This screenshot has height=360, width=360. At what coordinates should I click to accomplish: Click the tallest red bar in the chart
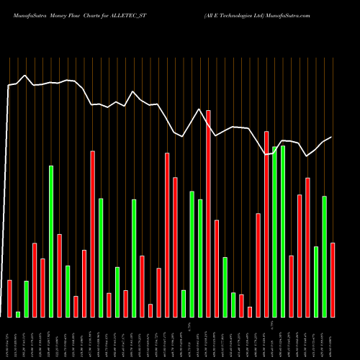(x=208, y=213)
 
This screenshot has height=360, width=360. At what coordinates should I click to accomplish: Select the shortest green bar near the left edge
(x=18, y=314)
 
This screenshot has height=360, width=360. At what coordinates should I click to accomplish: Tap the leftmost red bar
(x=9, y=298)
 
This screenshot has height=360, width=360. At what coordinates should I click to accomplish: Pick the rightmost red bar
(x=333, y=279)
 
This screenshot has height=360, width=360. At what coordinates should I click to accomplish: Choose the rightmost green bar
(x=325, y=256)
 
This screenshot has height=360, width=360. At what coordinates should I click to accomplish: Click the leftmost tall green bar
(x=51, y=241)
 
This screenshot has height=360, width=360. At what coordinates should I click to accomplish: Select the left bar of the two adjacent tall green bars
(x=275, y=231)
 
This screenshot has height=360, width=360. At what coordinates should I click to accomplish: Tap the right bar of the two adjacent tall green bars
(x=283, y=231)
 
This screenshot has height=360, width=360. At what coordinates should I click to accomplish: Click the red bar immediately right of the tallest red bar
(x=217, y=268)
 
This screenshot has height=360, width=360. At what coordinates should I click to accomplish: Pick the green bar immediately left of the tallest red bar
(x=200, y=258)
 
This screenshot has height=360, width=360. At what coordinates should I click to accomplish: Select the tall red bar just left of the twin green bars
(x=266, y=224)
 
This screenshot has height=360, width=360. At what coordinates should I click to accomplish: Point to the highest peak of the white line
(x=25, y=75)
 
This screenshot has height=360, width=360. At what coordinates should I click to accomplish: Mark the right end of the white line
(x=331, y=137)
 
